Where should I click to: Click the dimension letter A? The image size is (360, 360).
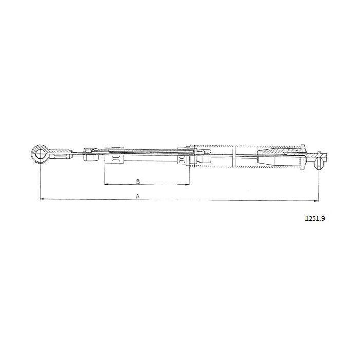138,196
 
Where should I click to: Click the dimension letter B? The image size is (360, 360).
138,182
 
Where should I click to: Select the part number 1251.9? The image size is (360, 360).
315,218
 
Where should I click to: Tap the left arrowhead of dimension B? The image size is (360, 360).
106,184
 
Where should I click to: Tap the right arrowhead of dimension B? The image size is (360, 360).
188,184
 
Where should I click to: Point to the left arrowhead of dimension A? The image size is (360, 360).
42,199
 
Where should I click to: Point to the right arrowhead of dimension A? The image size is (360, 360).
317,201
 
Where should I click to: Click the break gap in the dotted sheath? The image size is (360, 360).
234,156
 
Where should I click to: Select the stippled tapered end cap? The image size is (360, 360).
282,150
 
